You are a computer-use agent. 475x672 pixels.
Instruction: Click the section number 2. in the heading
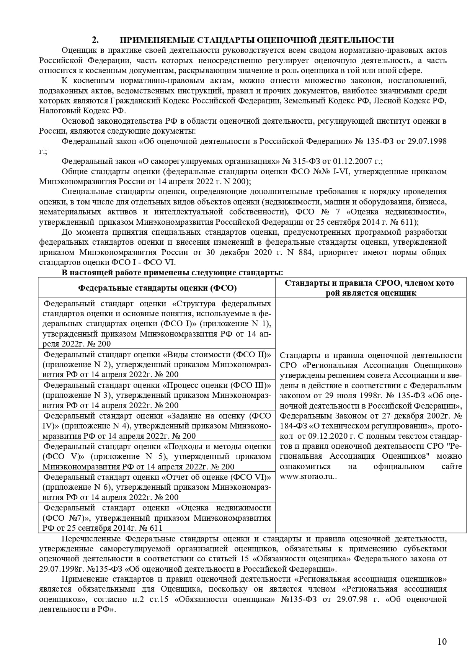(95, 40)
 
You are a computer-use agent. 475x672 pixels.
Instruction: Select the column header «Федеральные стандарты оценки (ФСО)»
(157, 288)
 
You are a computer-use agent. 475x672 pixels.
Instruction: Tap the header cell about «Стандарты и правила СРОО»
(371, 288)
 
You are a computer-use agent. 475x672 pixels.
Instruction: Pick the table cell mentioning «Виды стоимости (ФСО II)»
(157, 364)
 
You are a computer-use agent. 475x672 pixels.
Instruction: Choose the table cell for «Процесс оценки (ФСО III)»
(157, 395)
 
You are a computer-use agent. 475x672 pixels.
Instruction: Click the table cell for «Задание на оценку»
(157, 425)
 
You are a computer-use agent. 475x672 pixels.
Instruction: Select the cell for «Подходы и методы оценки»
(157, 456)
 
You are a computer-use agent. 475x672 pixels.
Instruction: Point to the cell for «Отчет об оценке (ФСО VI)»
(157, 487)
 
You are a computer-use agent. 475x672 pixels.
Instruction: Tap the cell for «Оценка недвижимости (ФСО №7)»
(157, 517)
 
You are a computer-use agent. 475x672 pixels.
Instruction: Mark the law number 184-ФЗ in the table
(292, 426)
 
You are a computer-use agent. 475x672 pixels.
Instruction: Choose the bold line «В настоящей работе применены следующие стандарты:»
(173, 273)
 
